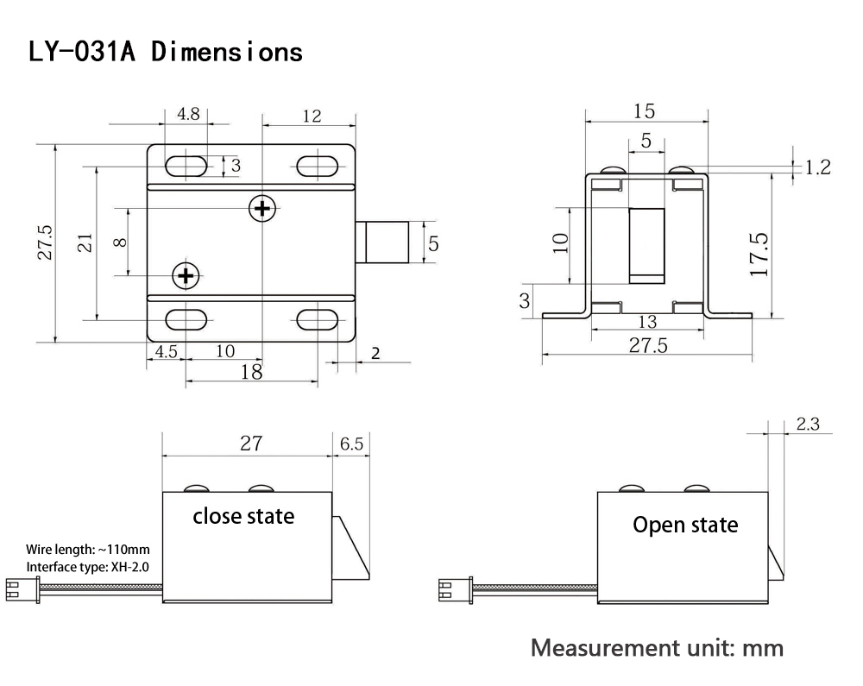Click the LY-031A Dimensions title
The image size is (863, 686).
point(165,52)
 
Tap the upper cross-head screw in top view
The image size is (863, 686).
point(262,209)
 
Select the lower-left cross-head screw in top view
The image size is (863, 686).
point(186,275)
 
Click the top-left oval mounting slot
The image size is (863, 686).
point(186,167)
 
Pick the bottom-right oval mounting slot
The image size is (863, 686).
point(317,319)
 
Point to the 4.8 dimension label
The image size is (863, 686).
point(188,114)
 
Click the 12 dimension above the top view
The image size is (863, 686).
point(312,116)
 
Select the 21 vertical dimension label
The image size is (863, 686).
point(85,242)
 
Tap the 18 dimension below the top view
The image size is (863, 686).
point(251,373)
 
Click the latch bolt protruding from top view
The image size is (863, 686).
point(382,242)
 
